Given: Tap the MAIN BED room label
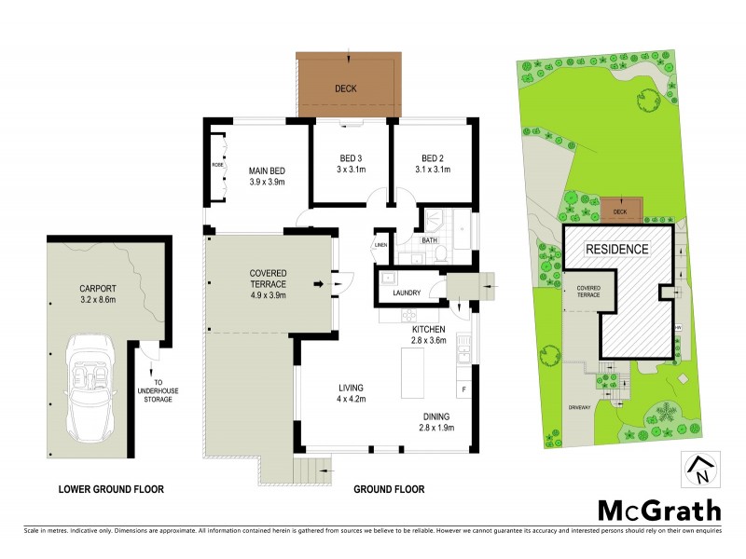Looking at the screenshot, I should (266, 176).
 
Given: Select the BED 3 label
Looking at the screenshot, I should (350, 163).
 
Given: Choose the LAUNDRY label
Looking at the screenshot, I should (406, 293).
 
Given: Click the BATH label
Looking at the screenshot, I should (429, 239).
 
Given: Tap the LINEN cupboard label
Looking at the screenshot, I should (380, 246).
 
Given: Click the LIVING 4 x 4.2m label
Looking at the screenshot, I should (351, 393).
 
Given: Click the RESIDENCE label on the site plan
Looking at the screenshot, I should (615, 250).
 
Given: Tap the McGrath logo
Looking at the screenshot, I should (658, 511).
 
